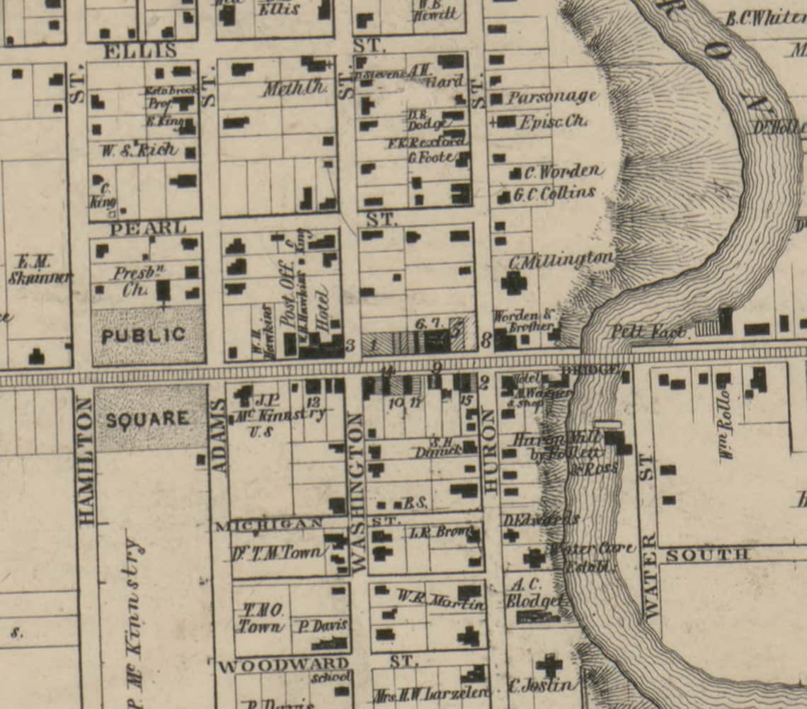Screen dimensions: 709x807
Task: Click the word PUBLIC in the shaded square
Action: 144,336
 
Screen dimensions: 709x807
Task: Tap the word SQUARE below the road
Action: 148,419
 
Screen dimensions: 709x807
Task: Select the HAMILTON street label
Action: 86,461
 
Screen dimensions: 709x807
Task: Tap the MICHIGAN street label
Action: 269,525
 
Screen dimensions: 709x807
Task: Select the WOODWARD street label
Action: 283,666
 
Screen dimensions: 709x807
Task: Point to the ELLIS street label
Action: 139,51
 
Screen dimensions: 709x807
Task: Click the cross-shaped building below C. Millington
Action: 513,283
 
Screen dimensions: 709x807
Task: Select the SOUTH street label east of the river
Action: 706,555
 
